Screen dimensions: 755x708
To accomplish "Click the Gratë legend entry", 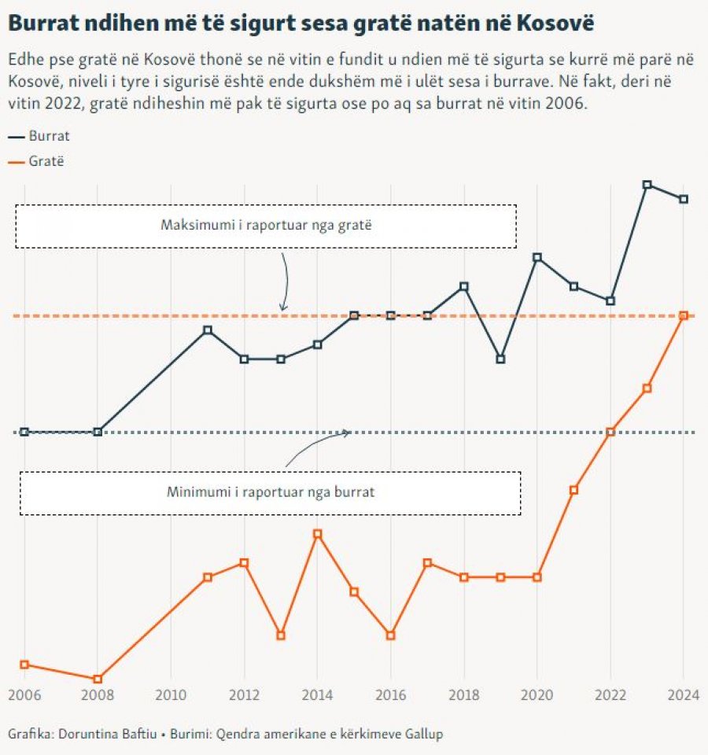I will pos(46,161).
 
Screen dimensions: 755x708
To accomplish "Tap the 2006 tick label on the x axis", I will pos(24,695).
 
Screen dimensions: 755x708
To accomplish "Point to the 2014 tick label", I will pos(317,695).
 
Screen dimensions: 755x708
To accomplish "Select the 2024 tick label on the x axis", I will pos(683,695).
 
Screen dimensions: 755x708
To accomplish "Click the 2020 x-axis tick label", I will pos(537,695).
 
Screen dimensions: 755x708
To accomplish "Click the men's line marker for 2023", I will pos(647,185).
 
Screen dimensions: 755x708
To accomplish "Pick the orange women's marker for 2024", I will pos(684,315).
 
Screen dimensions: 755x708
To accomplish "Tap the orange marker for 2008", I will pos(98,679).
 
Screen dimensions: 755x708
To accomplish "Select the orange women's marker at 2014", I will pos(318,534).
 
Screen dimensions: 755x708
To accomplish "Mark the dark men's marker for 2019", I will pos(500,359).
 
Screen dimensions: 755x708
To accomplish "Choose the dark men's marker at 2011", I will pos(208,330).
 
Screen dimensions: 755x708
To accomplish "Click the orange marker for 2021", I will pos(573,490).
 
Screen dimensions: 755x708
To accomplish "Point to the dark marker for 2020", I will pos(537,257).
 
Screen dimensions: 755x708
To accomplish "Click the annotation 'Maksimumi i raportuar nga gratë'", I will pos(266,226).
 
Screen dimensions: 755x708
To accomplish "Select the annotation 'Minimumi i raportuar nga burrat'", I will pos(270,493).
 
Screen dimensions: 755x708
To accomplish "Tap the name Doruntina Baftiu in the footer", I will pos(101,735).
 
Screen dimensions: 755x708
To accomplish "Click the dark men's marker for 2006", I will pos(24,432).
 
